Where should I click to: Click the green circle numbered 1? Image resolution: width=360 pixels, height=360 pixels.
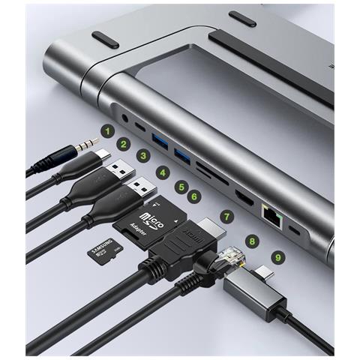[107, 132]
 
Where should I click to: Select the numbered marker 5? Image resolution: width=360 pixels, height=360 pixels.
[181, 185]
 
